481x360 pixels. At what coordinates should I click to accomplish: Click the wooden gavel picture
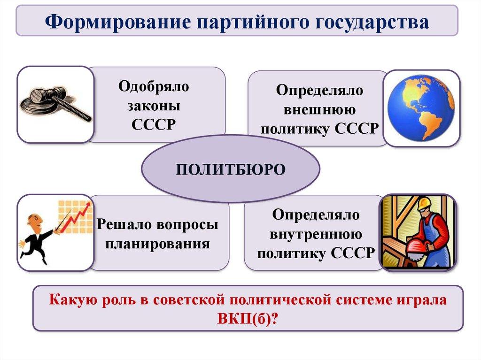click(x=55, y=104)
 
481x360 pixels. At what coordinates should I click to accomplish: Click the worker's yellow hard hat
click(x=423, y=203)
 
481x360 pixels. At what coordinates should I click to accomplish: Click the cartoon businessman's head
click(x=34, y=221)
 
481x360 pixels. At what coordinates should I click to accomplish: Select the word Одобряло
click(x=154, y=86)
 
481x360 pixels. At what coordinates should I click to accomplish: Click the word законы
click(x=154, y=105)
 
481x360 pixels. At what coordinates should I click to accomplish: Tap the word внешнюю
click(x=319, y=109)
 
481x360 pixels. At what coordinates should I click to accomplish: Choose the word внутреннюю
click(x=316, y=234)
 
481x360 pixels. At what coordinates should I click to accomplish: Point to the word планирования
click(x=157, y=244)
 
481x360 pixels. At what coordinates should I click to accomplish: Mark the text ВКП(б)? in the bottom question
click(x=248, y=318)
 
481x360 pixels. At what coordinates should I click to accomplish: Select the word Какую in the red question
click(x=72, y=299)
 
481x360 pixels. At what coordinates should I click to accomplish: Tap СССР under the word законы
click(x=154, y=124)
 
